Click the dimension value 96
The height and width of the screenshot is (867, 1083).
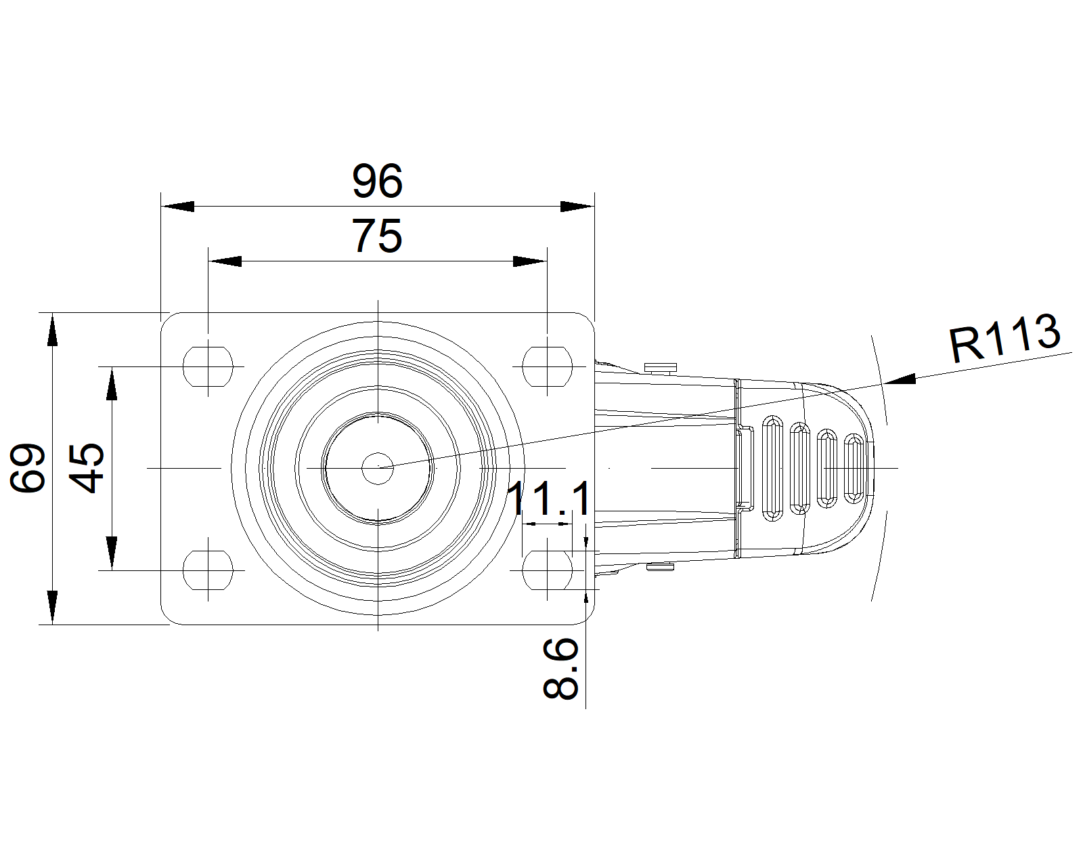click(x=377, y=181)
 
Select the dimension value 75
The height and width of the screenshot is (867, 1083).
click(x=377, y=236)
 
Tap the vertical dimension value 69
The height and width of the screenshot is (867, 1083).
click(x=28, y=468)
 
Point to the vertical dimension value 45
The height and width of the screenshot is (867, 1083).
click(x=86, y=468)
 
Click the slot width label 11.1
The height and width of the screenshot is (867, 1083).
click(x=549, y=499)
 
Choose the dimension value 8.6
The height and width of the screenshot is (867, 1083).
click(x=560, y=669)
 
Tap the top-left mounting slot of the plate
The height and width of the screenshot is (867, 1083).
click(x=208, y=366)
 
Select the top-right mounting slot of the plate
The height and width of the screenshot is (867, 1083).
click(x=547, y=366)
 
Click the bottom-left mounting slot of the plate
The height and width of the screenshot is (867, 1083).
click(x=208, y=570)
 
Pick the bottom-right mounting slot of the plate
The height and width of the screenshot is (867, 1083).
click(x=547, y=570)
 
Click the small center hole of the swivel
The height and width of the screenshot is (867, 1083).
click(x=378, y=468)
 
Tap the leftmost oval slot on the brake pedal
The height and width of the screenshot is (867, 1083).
click(x=772, y=468)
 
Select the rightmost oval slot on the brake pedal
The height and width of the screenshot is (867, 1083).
click(x=854, y=468)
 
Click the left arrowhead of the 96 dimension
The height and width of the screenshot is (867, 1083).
click(x=177, y=207)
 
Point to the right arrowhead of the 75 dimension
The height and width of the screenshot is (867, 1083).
click(x=530, y=261)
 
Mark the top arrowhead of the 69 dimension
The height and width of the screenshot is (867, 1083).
click(x=52, y=329)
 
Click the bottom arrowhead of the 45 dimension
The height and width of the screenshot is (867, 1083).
click(x=112, y=553)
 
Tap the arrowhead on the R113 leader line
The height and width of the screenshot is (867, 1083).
click(x=899, y=379)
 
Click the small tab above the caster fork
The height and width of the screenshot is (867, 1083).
click(x=660, y=368)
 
